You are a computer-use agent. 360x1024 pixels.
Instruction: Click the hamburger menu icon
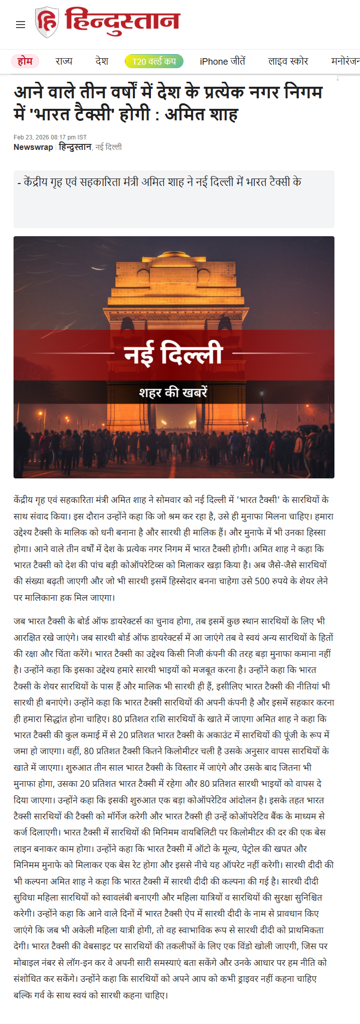[x=21, y=25]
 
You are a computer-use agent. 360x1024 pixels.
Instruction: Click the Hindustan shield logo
[x=47, y=23]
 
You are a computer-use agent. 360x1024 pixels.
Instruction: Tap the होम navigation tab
[x=25, y=61]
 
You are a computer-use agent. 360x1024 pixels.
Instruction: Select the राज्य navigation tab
[x=64, y=61]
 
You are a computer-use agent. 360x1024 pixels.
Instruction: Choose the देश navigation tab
[x=102, y=61]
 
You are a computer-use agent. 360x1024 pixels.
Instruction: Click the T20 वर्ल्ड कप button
[x=154, y=61]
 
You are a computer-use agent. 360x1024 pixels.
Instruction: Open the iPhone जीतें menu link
[x=223, y=61]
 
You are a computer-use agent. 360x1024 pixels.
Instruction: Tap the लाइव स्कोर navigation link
[x=288, y=61]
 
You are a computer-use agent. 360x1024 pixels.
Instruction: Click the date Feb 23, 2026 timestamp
[x=50, y=137]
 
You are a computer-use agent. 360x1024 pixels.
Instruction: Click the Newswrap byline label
[x=33, y=147]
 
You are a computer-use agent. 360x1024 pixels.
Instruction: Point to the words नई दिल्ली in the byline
[x=109, y=147]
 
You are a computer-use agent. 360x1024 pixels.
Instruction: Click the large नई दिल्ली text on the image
[x=173, y=354]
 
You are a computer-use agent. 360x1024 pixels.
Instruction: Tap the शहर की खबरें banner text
[x=173, y=392]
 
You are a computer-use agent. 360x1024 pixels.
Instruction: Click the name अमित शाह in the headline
[x=202, y=114]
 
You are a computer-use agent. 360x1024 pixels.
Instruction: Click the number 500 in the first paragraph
[x=262, y=581]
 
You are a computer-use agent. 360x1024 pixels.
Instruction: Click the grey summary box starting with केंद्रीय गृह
[x=173, y=199]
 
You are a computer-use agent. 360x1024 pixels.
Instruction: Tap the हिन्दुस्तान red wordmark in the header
[x=122, y=21]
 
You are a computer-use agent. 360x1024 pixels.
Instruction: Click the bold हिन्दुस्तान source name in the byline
[x=75, y=147]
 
